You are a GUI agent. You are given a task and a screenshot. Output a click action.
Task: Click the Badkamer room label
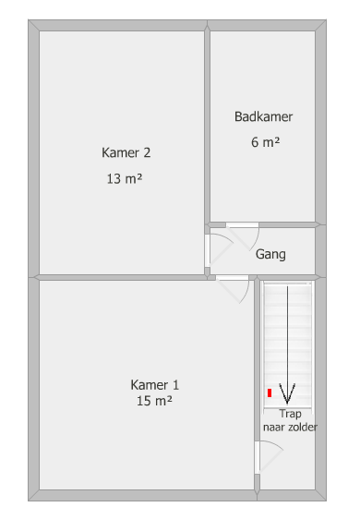click(263, 117)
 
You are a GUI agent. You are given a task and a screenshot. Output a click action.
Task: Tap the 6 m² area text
click(265, 142)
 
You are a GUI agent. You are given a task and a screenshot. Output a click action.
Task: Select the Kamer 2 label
click(126, 152)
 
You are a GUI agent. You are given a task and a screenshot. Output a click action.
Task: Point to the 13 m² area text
click(125, 179)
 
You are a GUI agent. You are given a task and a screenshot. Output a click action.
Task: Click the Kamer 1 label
click(154, 385)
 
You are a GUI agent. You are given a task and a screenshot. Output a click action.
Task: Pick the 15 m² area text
click(154, 401)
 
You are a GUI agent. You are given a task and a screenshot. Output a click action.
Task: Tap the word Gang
click(270, 255)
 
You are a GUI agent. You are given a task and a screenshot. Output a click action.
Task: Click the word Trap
click(290, 414)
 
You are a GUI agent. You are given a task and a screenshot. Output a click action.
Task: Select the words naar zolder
click(290, 427)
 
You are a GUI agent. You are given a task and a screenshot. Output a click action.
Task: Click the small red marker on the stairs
click(270, 392)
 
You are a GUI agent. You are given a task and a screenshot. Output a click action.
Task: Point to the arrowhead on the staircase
click(287, 393)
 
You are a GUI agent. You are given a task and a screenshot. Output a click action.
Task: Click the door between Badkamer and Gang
click(243, 236)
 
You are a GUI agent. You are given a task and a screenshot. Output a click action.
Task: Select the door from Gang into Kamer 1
click(233, 289)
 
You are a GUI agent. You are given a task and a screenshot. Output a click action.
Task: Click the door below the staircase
click(268, 457)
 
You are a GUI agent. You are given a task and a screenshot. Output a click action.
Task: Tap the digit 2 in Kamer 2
click(147, 152)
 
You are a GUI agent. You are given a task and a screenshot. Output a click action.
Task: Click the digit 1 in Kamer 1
click(175, 385)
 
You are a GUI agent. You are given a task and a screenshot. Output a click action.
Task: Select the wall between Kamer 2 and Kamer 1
click(122, 277)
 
